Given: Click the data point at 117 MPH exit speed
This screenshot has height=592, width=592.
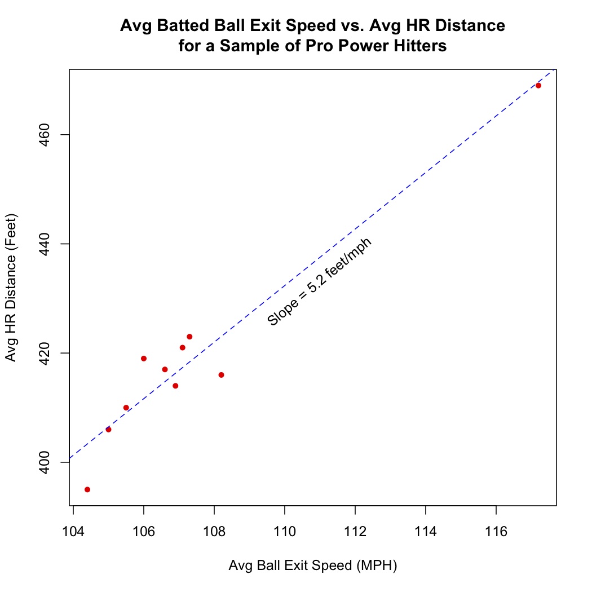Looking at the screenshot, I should pos(538,86).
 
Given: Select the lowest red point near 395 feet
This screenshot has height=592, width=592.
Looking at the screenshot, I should pos(87,489).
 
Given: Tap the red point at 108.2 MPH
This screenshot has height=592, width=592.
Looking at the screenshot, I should pos(221,375).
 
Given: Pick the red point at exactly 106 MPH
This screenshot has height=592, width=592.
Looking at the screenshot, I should pos(144,359).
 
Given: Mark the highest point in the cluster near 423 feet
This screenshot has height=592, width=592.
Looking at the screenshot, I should pos(189,337).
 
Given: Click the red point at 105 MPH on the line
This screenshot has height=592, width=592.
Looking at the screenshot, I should pos(108,430).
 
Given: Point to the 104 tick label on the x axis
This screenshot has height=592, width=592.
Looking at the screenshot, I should pos(73,532).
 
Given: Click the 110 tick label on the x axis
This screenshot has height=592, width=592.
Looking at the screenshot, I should pos(285,532).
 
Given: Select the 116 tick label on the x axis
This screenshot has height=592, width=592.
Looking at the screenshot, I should pos(496,532).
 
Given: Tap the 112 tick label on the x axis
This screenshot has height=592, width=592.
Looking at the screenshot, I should pos(355,532).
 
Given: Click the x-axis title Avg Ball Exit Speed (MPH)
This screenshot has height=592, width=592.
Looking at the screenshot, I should pos(313,566).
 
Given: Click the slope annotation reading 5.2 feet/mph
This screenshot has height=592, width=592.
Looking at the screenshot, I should pos(319,282).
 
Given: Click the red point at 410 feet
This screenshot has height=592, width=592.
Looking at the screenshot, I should pos(126,408).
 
